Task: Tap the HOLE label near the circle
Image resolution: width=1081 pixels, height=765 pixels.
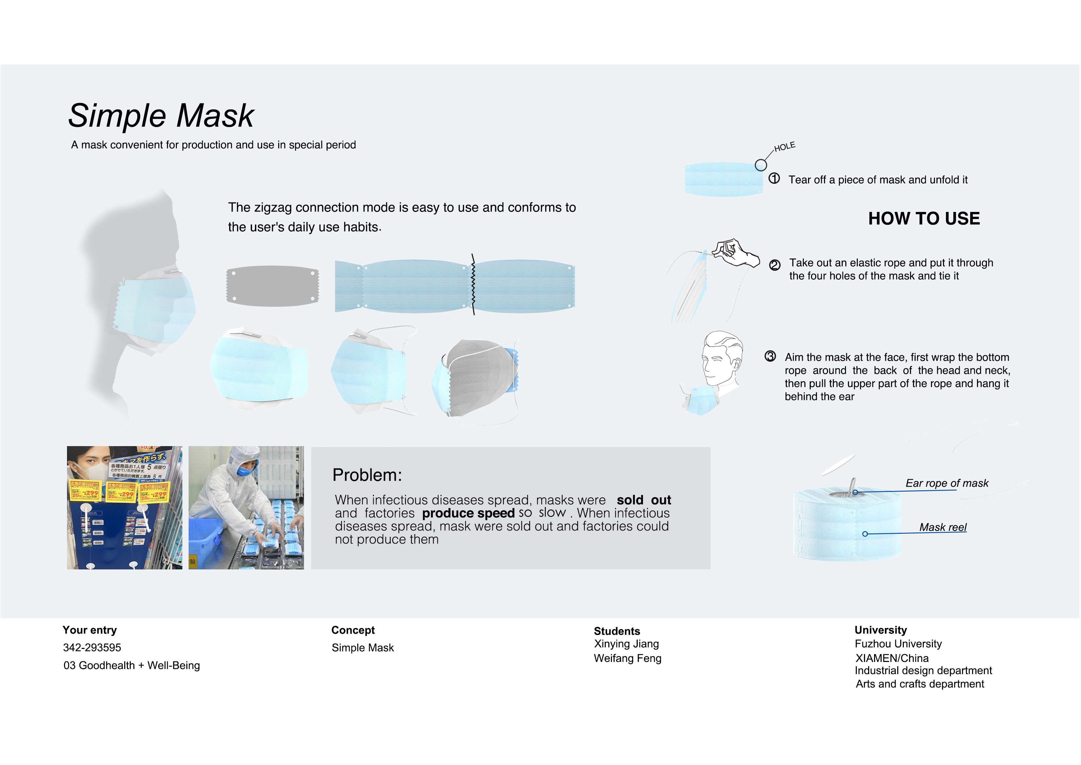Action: (x=785, y=147)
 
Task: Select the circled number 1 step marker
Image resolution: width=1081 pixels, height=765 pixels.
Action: (x=774, y=179)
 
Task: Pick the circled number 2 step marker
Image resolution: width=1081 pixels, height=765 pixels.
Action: (x=774, y=265)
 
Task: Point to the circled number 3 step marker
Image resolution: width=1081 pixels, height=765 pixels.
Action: (x=770, y=356)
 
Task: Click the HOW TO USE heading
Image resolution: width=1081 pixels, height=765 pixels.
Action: (x=924, y=218)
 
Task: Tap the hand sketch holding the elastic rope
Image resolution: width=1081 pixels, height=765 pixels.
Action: (x=735, y=252)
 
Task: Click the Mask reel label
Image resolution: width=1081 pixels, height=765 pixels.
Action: (x=943, y=527)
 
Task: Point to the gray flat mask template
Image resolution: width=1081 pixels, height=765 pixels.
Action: (x=272, y=286)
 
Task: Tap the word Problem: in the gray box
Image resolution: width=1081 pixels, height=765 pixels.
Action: (x=367, y=475)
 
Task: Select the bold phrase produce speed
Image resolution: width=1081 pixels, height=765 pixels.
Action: (x=468, y=513)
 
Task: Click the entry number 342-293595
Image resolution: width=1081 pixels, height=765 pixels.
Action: (x=92, y=648)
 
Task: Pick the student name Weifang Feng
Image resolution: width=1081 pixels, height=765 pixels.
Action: (x=627, y=658)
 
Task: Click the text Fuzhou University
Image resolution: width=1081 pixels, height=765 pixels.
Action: (x=898, y=644)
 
